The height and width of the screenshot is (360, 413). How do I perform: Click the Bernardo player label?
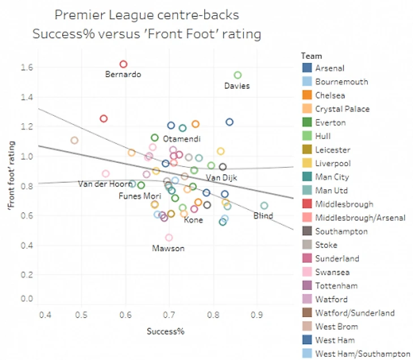123,75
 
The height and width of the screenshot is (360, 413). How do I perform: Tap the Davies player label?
236,86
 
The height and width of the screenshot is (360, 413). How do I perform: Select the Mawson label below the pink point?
168,248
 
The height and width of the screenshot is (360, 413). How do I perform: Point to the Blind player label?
263,216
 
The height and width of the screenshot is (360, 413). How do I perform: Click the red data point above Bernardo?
123,64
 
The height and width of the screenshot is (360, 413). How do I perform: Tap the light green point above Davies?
238,75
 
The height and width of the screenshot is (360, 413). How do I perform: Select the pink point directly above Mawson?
169,238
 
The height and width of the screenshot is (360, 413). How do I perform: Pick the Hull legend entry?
323,136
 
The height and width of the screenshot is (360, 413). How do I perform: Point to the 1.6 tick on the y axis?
26,67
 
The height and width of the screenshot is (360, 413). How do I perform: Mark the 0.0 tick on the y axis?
26,299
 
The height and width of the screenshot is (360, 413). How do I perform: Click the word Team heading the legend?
312,56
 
